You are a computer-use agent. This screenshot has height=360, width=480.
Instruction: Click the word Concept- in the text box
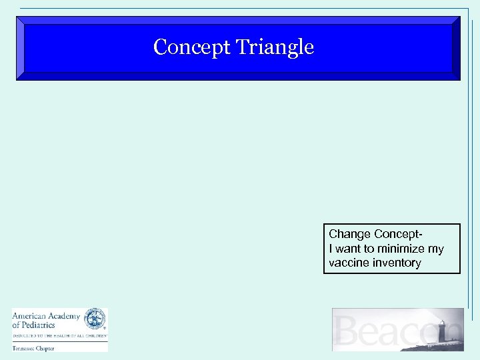point(399,235)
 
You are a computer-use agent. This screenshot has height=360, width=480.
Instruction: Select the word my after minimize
point(435,249)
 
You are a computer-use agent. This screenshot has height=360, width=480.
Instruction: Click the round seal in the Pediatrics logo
point(95,318)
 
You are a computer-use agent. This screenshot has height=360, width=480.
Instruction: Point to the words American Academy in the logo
point(45,316)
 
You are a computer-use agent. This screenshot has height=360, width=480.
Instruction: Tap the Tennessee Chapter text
point(33,348)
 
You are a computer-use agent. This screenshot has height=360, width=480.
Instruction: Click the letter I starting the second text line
point(331,249)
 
